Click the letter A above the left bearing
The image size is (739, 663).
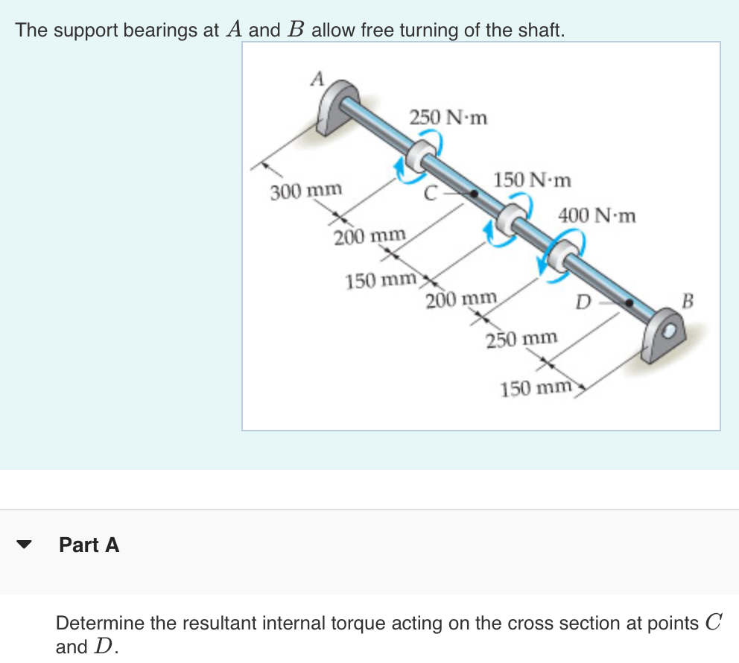pos(318,78)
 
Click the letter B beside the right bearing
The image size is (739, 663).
pos(688,302)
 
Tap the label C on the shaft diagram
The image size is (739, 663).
pos(430,193)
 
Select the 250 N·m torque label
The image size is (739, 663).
pos(448,117)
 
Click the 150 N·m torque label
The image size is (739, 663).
pos(532,180)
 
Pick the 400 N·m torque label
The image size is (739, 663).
pos(597,216)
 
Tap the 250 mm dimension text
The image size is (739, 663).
pos(521,339)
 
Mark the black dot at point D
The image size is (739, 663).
pos(630,303)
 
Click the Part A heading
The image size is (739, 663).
pos(89,545)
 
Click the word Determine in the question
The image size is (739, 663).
pos(101,623)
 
